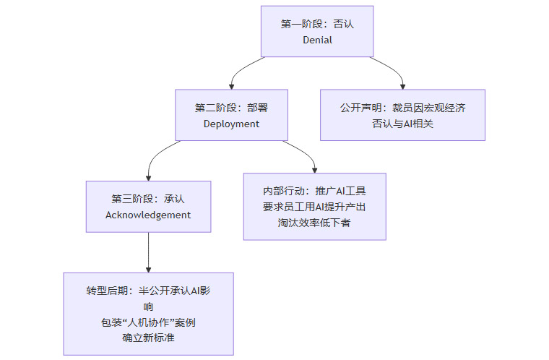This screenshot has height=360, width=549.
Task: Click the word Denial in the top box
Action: (x=317, y=40)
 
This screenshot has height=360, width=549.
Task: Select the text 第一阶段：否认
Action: (x=317, y=24)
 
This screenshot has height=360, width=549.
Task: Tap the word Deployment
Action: (x=231, y=124)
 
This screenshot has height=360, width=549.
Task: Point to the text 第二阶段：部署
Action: (x=231, y=108)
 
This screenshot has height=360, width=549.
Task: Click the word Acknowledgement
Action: (x=148, y=215)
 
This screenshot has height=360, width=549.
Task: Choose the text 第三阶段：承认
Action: (x=148, y=199)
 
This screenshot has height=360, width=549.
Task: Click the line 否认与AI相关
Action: (x=402, y=124)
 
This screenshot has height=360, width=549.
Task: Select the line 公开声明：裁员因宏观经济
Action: (x=402, y=108)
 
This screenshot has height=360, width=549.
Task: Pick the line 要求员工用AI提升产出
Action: (x=314, y=207)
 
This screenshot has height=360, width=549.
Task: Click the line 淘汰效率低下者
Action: (x=314, y=222)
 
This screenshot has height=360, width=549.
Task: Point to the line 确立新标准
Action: (x=148, y=338)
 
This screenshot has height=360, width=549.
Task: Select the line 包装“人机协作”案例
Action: (x=148, y=322)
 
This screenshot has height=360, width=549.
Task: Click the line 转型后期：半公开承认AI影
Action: (x=148, y=291)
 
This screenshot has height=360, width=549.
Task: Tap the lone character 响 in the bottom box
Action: (x=148, y=307)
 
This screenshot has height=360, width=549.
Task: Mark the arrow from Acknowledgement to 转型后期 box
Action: (x=148, y=253)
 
